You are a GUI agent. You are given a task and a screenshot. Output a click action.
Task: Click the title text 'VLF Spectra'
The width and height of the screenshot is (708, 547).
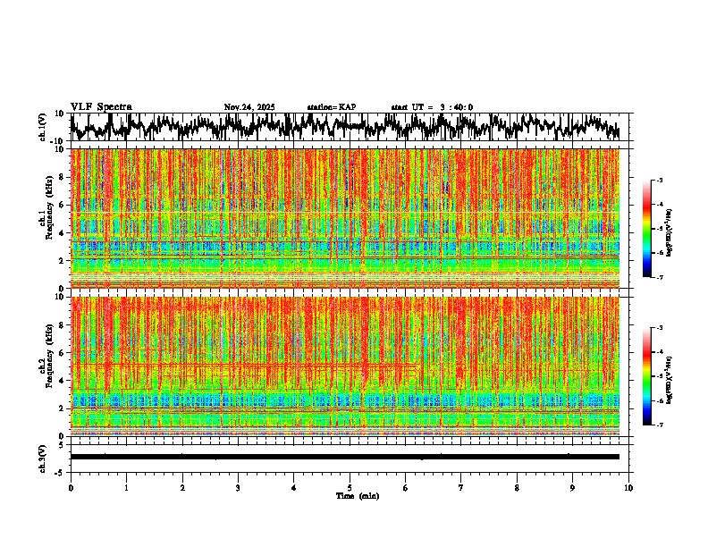101,107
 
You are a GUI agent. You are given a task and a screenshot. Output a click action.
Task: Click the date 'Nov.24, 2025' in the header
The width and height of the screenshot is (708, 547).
249,107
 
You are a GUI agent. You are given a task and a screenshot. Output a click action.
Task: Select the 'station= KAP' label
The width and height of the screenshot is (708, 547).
332,107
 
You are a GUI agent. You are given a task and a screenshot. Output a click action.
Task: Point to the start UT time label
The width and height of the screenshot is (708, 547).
432,107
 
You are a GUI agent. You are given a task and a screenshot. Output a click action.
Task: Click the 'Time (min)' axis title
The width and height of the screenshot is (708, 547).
357,495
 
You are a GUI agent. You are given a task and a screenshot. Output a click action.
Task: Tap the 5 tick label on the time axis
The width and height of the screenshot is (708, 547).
350,487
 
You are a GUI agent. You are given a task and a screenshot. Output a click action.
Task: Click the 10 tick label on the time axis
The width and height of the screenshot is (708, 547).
628,487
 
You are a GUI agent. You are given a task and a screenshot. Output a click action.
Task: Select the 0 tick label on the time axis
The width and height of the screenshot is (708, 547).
71,487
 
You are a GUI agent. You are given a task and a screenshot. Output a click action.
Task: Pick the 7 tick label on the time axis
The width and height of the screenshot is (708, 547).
461,487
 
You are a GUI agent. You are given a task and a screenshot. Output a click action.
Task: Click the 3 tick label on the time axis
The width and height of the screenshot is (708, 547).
238,487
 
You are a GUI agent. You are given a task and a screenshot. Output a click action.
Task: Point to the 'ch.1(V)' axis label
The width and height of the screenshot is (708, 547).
43,127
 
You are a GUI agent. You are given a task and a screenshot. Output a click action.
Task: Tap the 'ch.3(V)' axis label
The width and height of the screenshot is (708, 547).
43,456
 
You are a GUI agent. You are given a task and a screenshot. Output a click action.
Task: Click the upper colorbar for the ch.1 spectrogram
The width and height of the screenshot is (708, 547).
655,229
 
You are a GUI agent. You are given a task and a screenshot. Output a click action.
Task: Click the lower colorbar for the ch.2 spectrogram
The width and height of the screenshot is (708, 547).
655,376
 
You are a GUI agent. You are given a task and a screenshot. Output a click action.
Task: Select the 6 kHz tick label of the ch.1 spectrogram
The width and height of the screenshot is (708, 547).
63,205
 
